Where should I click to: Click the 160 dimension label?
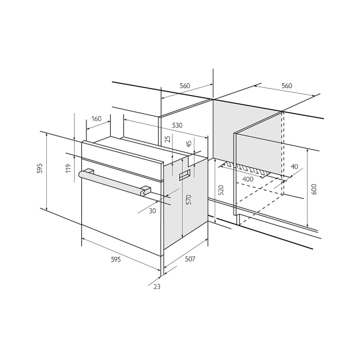click(97, 119)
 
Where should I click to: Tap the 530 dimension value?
click(177, 125)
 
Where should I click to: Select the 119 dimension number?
click(68, 169)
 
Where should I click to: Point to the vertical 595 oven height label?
click(40, 168)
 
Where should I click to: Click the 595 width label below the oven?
click(116, 259)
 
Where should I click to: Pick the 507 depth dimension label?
click(190, 259)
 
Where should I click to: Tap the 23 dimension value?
click(157, 286)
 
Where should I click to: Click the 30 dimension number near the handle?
click(152, 211)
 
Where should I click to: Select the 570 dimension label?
click(189, 200)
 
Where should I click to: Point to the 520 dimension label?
click(221, 190)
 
